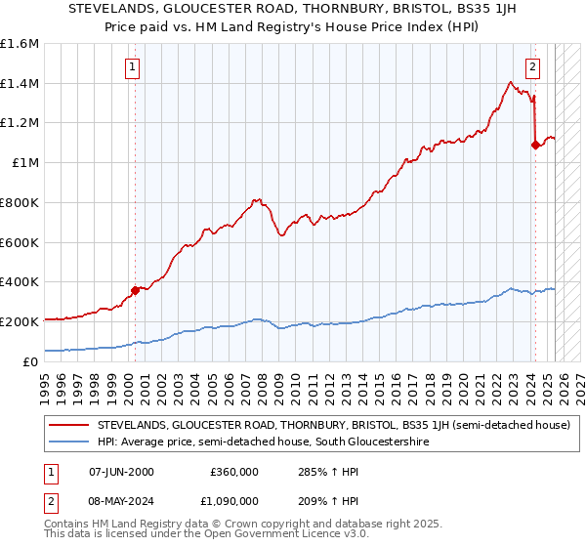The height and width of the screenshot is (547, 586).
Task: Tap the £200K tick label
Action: tap(20, 321)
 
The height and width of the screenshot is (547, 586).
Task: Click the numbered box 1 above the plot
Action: tap(133, 67)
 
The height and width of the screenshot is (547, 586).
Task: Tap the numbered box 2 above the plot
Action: tap(532, 67)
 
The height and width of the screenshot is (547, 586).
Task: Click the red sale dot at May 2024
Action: tap(535, 145)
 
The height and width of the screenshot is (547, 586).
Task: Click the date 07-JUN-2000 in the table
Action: tap(121, 471)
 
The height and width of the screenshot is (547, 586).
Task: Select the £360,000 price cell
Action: tap(234, 471)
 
